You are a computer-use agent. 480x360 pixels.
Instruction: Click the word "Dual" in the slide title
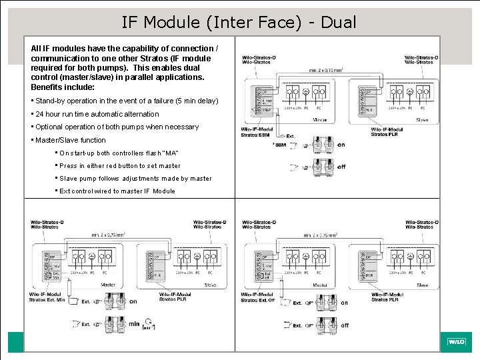pos(338,22)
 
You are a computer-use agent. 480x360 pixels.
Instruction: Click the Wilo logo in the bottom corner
pos(456,342)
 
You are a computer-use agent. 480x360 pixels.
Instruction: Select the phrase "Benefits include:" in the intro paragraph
pos(63,87)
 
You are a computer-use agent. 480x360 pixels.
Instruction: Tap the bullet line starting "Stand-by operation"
pos(127,101)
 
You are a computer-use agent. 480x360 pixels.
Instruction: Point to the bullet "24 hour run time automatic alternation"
pos(97,114)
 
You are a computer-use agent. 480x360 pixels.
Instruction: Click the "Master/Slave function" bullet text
pos(71,140)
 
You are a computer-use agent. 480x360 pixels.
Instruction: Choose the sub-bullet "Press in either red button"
pos(120,166)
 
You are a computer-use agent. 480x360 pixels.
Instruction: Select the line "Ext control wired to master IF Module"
pos(117,191)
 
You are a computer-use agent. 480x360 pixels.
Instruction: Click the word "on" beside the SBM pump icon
pos(341,145)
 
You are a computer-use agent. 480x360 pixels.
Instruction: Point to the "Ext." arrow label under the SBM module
pos(291,136)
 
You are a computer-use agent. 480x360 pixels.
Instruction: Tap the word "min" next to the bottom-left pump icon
pos(134,324)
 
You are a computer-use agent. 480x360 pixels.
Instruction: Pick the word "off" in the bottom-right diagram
pos(345,326)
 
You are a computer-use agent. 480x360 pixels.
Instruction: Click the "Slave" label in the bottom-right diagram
pos(423,285)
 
